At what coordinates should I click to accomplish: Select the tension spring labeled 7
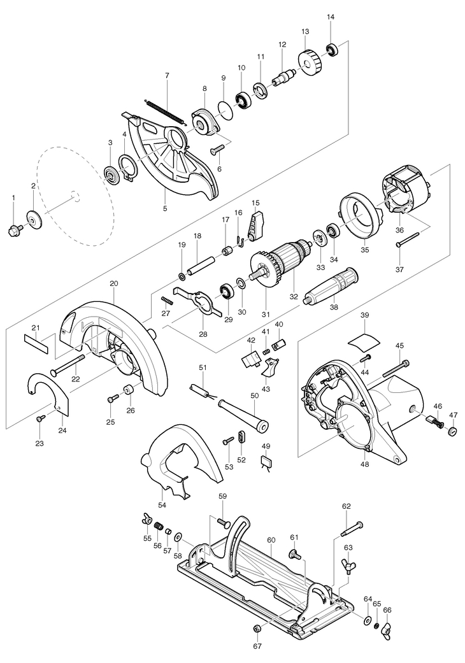[165, 111]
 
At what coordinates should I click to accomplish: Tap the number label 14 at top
[331, 17]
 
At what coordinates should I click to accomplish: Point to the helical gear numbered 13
[311, 60]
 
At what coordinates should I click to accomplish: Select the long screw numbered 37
[408, 239]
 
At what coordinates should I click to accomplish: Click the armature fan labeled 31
[266, 271]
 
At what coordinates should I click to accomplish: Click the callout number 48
[364, 464]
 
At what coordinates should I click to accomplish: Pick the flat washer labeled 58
[178, 536]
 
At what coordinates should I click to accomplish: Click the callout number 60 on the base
[271, 540]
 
